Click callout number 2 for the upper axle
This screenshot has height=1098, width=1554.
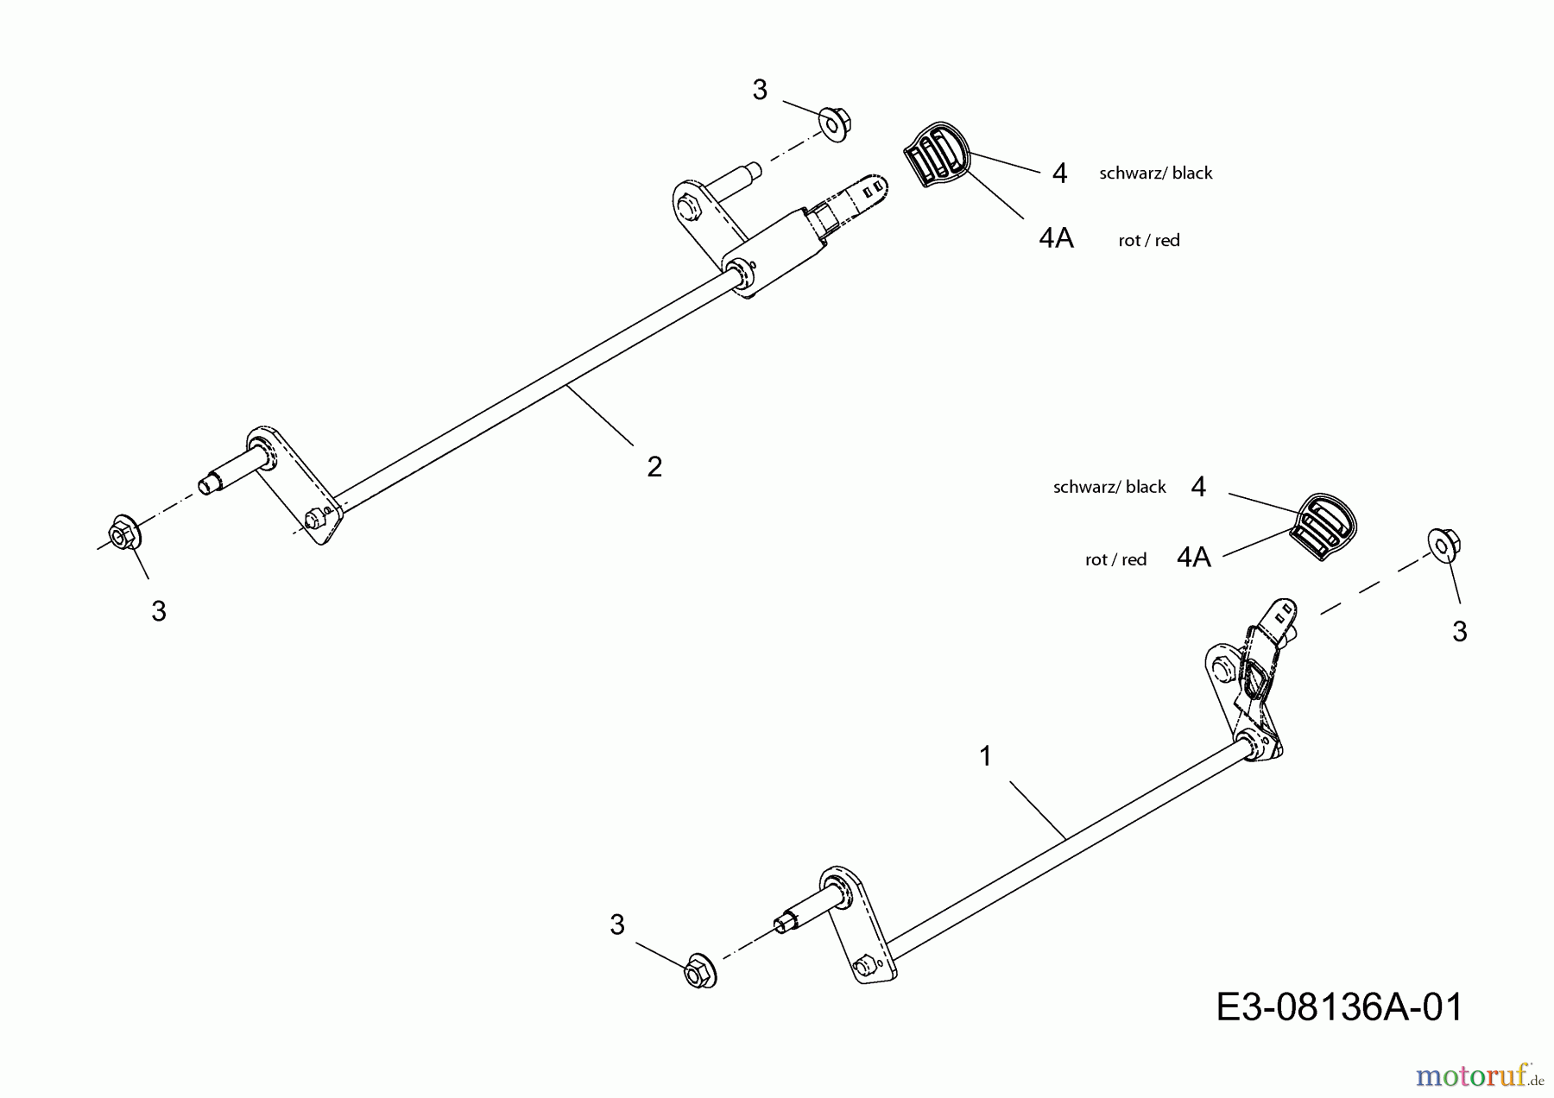pyautogui.click(x=654, y=467)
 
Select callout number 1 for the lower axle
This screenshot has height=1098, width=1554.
pyautogui.click(x=985, y=757)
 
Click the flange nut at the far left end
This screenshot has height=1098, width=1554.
pyautogui.click(x=125, y=534)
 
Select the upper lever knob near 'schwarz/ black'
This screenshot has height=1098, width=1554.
pyautogui.click(x=937, y=156)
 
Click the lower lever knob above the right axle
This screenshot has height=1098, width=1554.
pyautogui.click(x=1323, y=526)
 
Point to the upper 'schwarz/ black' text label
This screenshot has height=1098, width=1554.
pyautogui.click(x=1156, y=174)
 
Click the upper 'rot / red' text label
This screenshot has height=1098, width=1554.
pyautogui.click(x=1149, y=241)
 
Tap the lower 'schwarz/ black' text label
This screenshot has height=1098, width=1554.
pyautogui.click(x=1109, y=488)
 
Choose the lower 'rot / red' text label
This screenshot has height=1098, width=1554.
pyautogui.click(x=1115, y=560)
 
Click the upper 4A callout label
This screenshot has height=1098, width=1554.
pyautogui.click(x=1057, y=238)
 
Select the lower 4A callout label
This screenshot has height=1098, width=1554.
pyautogui.click(x=1194, y=558)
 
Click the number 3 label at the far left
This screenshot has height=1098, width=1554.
pyautogui.click(x=159, y=611)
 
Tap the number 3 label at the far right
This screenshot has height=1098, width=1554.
pyautogui.click(x=1460, y=632)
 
